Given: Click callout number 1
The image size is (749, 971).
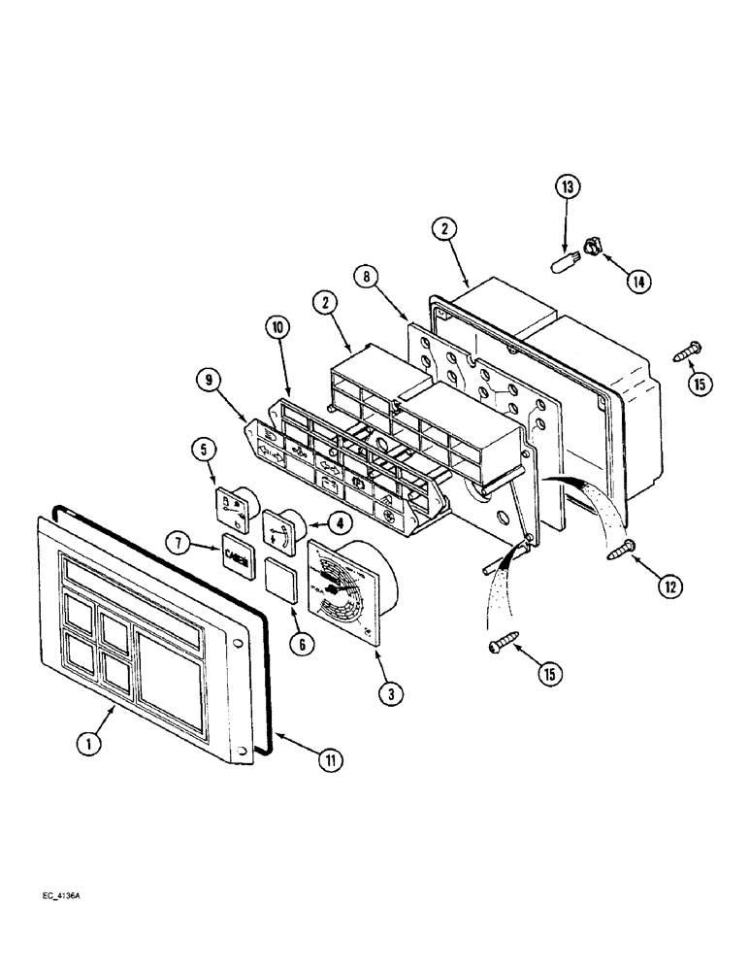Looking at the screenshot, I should [89, 744].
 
